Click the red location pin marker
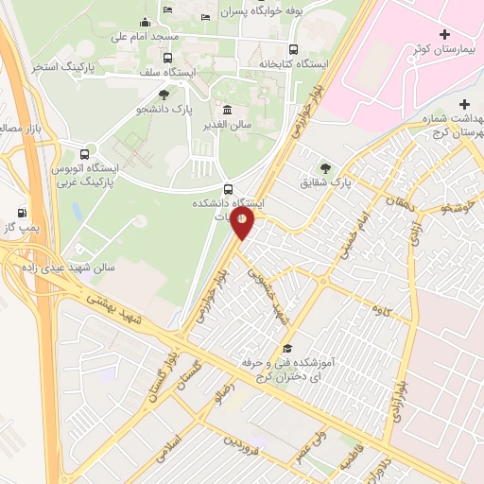click(x=243, y=223)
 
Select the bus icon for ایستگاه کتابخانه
click(x=294, y=50)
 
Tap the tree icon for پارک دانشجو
click(x=165, y=95)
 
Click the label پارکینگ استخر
click(x=60, y=67)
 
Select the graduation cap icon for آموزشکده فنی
click(x=287, y=348)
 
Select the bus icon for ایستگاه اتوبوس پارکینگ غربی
click(x=87, y=153)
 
